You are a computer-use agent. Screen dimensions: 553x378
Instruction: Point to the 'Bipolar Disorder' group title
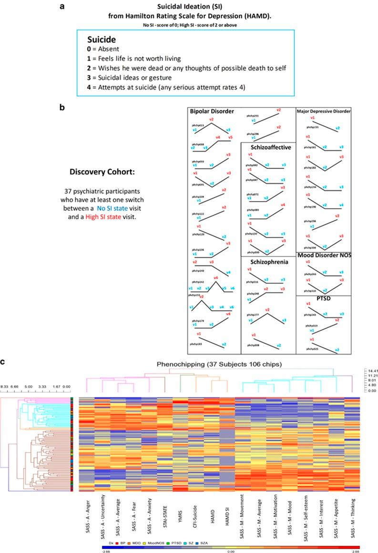[x=212, y=111]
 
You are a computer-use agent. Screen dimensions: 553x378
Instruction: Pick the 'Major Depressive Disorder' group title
[x=324, y=111]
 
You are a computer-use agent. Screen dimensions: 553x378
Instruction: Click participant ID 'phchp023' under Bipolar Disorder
[x=199, y=125]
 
